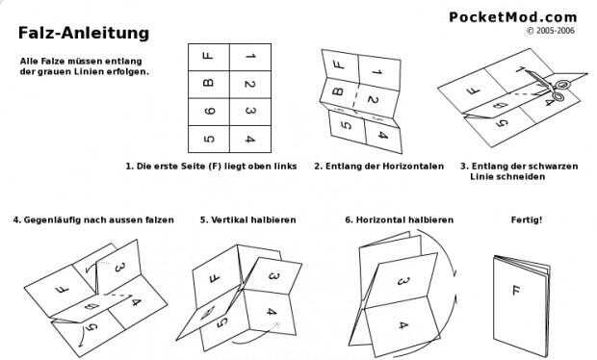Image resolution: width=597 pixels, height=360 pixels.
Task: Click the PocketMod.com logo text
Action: click(513, 17)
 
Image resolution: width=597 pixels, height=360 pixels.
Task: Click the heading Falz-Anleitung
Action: click(84, 33)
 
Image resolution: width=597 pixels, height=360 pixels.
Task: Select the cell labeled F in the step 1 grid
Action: click(209, 57)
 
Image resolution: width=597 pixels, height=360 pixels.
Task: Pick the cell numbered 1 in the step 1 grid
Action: click(250, 57)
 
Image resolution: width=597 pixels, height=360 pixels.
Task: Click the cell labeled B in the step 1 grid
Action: click(209, 85)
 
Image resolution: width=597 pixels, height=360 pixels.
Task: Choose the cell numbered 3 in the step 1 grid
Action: click(250, 112)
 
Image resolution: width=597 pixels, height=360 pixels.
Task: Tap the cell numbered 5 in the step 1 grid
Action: click(209, 139)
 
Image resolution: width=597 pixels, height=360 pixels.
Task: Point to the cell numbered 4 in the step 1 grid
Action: click(250, 139)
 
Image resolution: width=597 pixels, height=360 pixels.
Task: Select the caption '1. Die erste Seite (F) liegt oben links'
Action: click(211, 167)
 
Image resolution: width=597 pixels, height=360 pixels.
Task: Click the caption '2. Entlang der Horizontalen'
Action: click(378, 167)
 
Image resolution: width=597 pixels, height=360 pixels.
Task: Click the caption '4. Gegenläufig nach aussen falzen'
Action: click(93, 220)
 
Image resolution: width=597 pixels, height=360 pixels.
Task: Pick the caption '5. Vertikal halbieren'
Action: click(247, 220)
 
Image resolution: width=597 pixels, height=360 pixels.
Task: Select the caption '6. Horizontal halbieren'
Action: click(399, 220)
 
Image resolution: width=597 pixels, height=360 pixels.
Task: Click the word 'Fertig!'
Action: click(527, 220)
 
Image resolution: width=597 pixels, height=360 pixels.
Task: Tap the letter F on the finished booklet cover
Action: click(516, 291)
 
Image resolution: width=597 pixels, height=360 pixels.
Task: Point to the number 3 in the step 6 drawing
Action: click(403, 282)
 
